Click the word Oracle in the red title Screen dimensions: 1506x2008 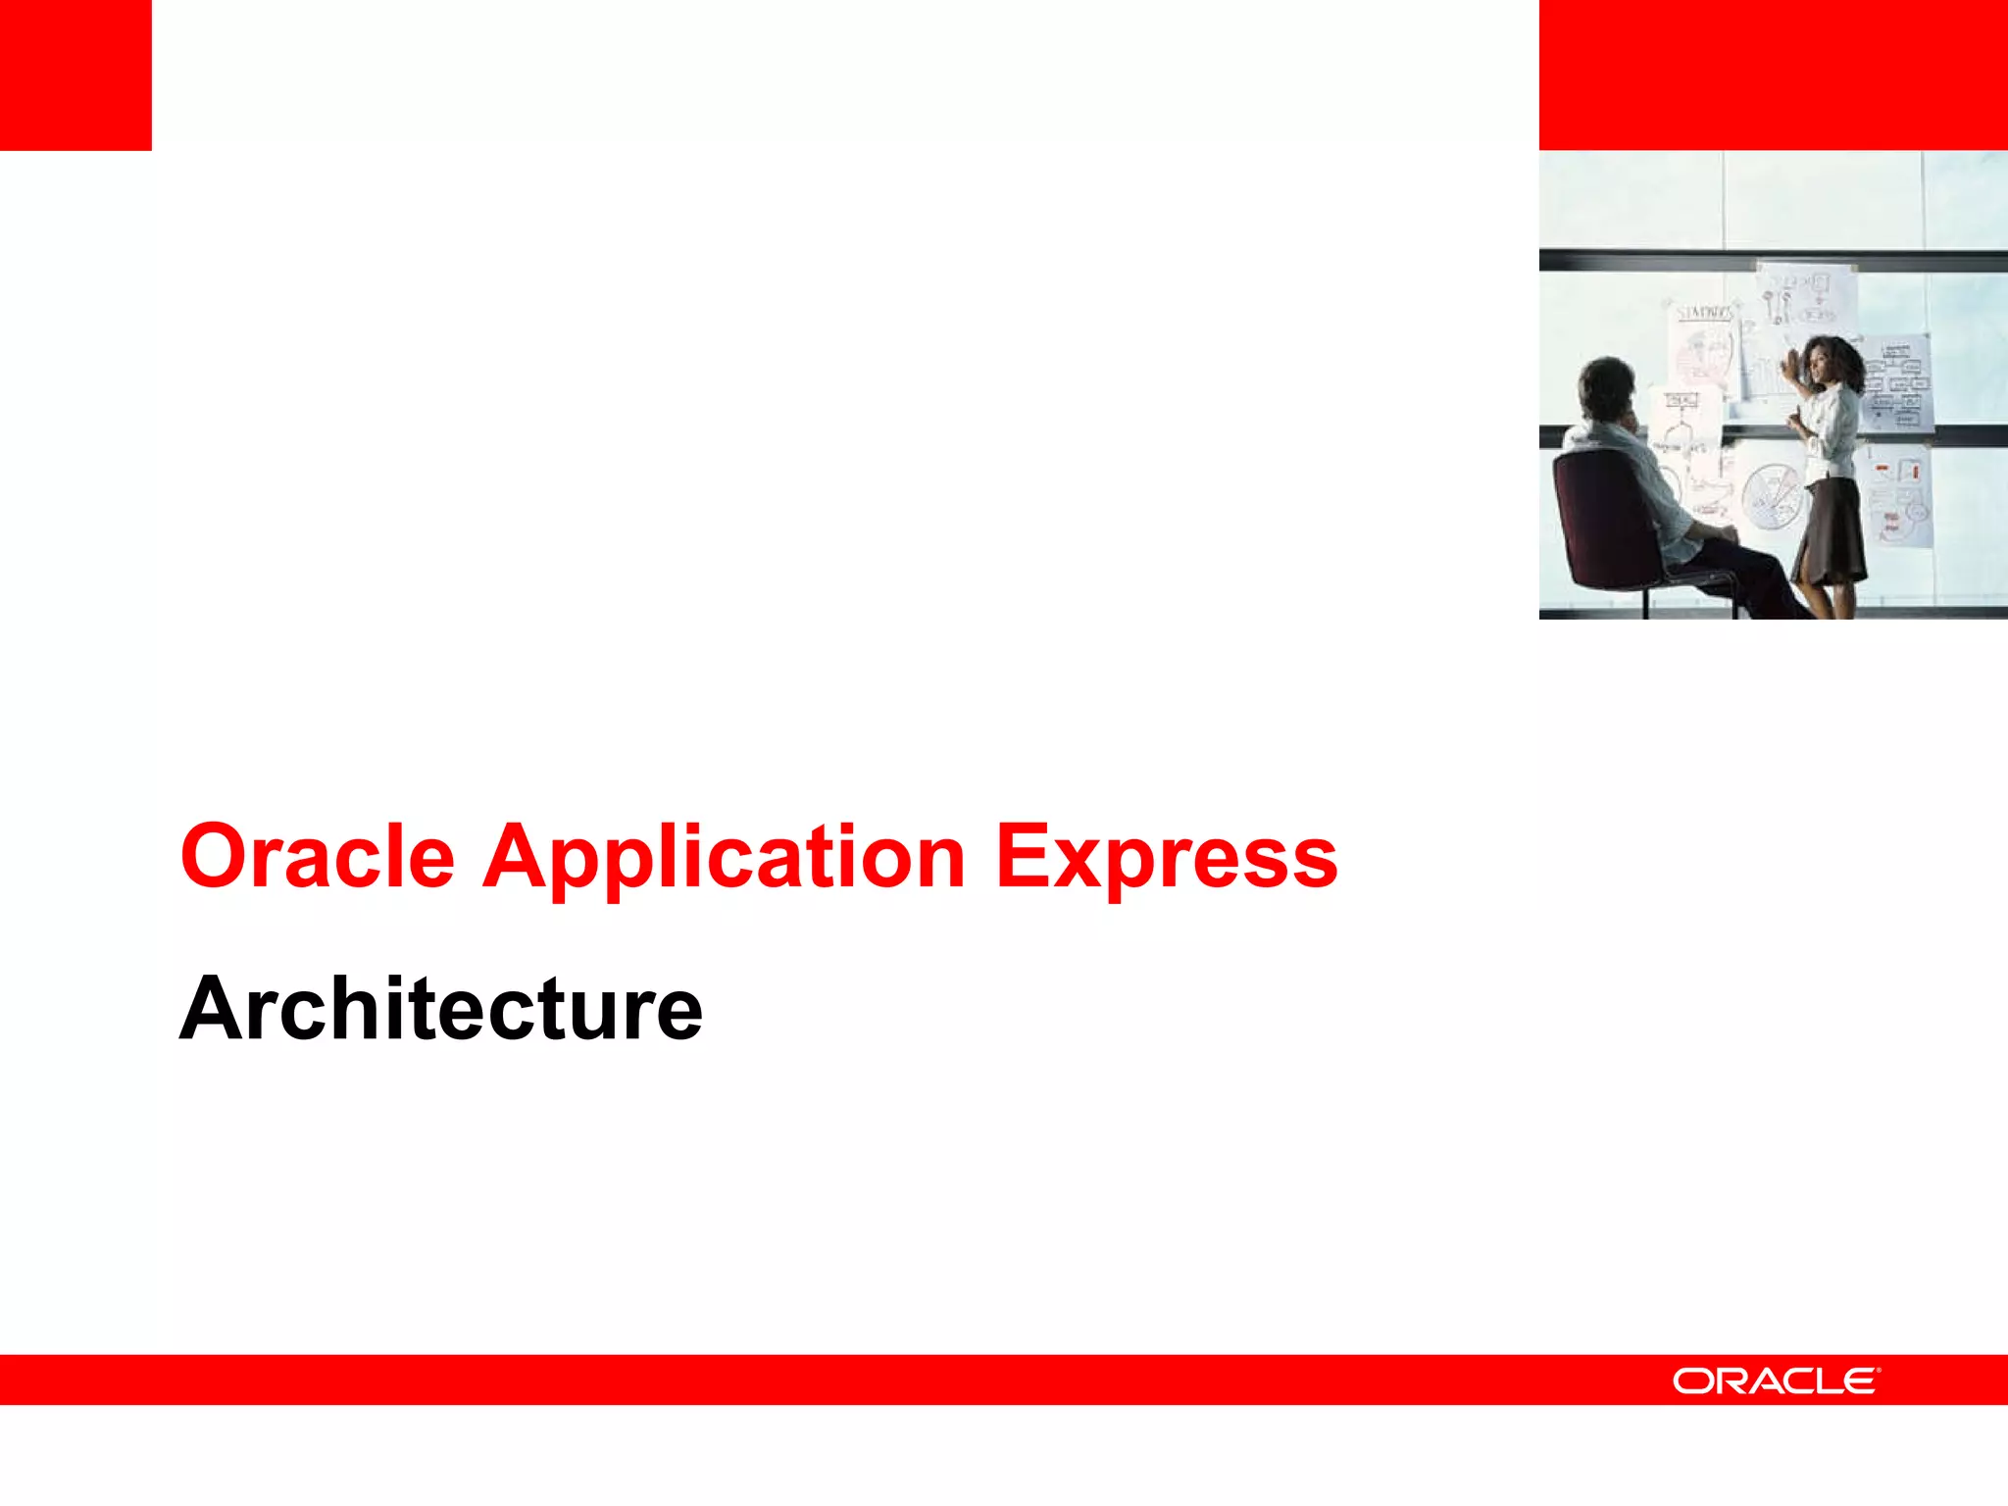tap(317, 857)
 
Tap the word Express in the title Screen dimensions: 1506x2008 tap(1166, 857)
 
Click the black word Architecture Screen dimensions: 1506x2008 tap(440, 1009)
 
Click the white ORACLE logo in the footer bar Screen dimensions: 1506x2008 tap(1776, 1380)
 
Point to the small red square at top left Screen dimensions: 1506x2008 tap(75, 75)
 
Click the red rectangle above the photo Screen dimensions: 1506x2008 tap(1773, 75)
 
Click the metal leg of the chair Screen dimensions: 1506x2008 tap(1646, 600)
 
